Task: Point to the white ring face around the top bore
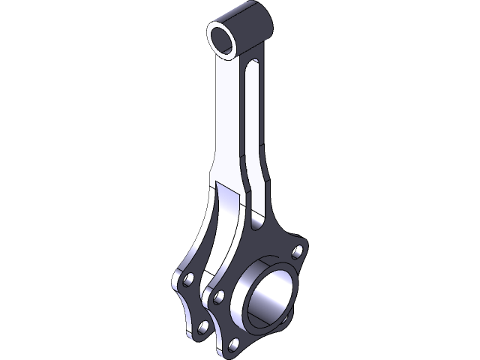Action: click(x=214, y=46)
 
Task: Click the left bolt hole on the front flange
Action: click(x=217, y=297)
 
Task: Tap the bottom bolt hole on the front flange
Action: click(x=235, y=343)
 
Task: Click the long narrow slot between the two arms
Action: click(x=253, y=127)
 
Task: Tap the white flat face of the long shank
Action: click(x=224, y=120)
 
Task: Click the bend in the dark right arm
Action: click(x=265, y=184)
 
